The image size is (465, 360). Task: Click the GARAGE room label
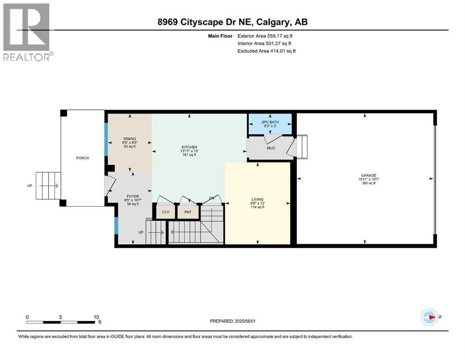click(x=369, y=175)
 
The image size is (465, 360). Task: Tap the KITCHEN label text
click(x=189, y=147)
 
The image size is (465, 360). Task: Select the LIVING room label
click(x=258, y=199)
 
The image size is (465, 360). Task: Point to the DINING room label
click(x=130, y=139)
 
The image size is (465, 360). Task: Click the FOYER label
click(x=133, y=196)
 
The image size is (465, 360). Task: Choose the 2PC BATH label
click(x=270, y=122)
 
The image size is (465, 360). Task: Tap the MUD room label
click(x=271, y=148)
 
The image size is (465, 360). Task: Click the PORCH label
click(x=82, y=158)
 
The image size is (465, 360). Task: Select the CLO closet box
click(x=165, y=212)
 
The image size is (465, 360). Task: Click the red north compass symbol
click(x=429, y=317)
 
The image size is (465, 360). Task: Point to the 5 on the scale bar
click(x=60, y=317)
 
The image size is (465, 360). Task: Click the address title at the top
click(x=232, y=22)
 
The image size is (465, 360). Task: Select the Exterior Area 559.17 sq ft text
click(x=265, y=36)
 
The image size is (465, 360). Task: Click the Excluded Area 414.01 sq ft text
click(x=266, y=51)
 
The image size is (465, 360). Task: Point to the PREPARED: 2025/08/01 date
click(x=232, y=321)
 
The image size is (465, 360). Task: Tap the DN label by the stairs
click(x=212, y=198)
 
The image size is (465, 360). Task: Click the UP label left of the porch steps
click(x=30, y=186)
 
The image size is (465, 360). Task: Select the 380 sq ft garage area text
click(x=369, y=183)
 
